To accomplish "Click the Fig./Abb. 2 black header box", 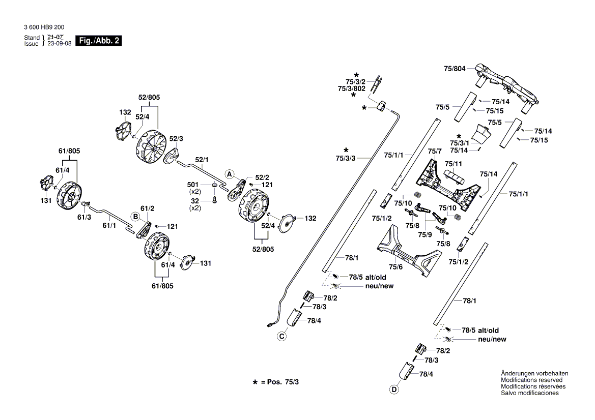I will (x=98, y=41).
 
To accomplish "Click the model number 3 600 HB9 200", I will (x=44, y=27).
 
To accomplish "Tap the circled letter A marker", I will (x=230, y=174).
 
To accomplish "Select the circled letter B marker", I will (x=135, y=216).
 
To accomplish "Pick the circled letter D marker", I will (x=393, y=390).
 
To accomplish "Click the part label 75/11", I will (x=453, y=164).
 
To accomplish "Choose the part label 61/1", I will (x=109, y=225).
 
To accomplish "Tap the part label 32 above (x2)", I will (x=196, y=201).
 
